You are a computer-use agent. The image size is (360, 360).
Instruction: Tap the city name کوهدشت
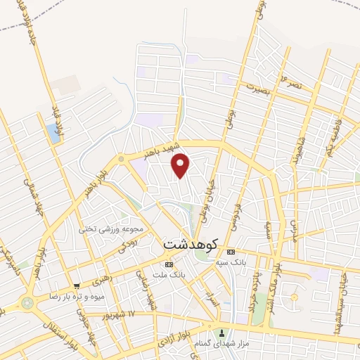tap(191, 245)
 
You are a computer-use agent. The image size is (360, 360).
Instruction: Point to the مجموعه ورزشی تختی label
tap(115, 229)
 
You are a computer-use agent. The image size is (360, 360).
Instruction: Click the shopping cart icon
tap(76, 285)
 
